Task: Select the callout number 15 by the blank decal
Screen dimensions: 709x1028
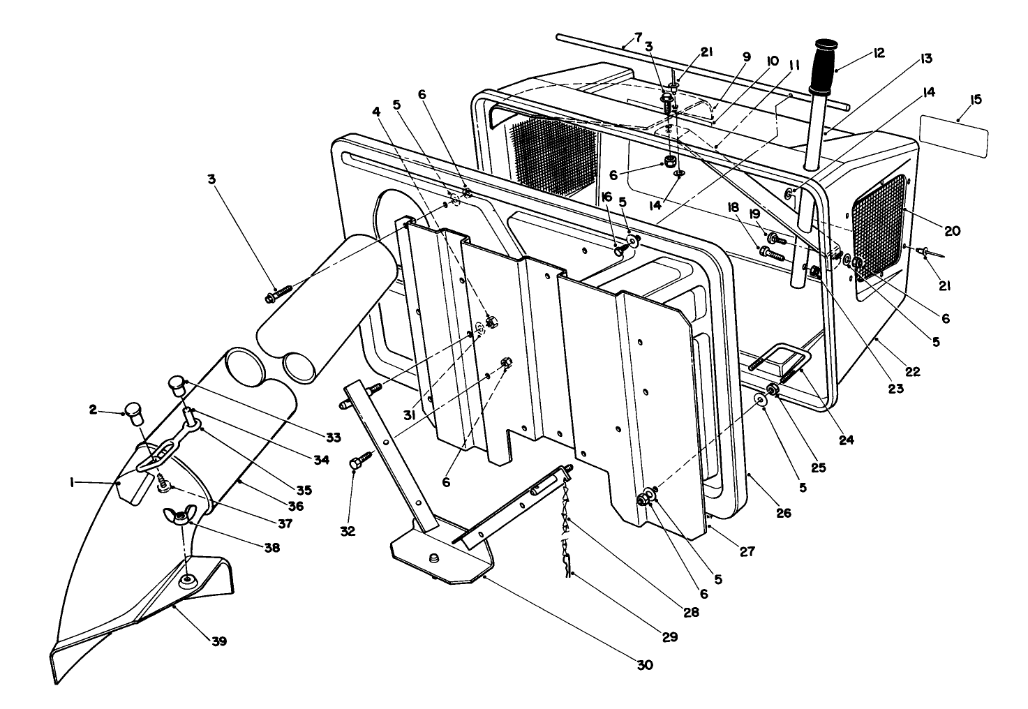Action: [x=975, y=99]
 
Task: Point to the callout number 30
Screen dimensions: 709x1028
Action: [x=644, y=665]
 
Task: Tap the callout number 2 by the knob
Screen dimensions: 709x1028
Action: [x=94, y=410]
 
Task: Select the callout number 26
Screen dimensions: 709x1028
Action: [x=784, y=513]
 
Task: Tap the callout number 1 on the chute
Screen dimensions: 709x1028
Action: [x=72, y=482]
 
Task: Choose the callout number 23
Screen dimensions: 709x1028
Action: [x=895, y=389]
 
